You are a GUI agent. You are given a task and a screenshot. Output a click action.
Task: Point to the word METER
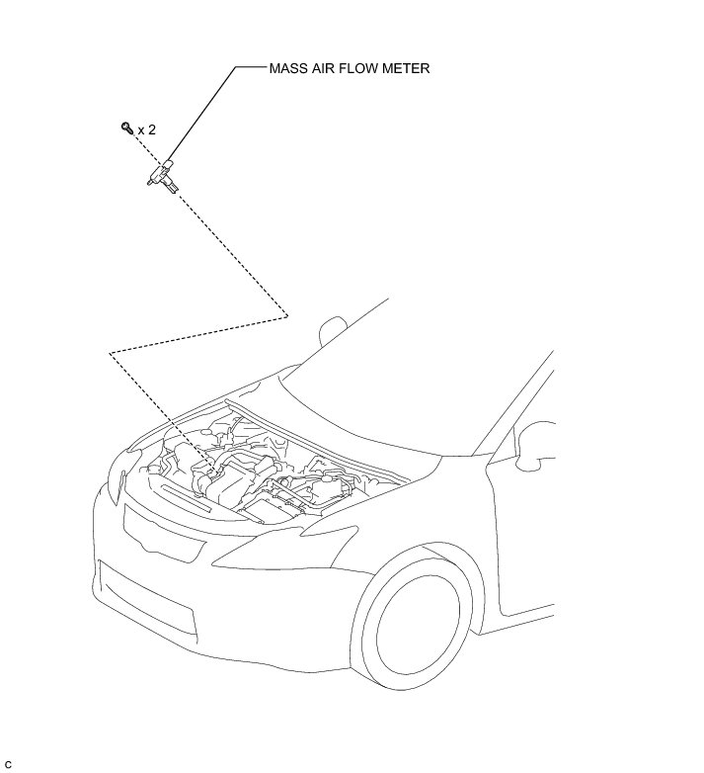[x=408, y=69]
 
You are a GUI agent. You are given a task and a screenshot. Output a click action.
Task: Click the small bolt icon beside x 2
[x=126, y=128]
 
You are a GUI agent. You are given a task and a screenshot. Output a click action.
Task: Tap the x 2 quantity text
[x=147, y=129]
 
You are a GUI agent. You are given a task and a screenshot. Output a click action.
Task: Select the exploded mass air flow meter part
[x=162, y=177]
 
